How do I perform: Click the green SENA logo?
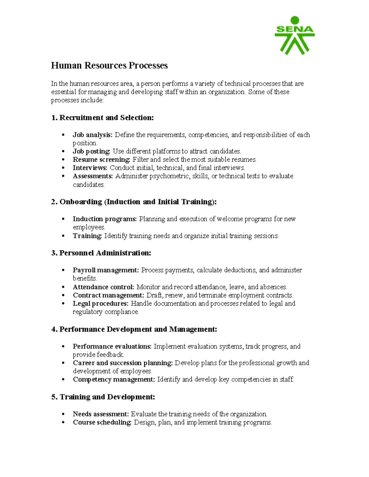coord(294,35)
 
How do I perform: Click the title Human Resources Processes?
coord(109,65)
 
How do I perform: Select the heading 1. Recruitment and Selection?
coord(102,118)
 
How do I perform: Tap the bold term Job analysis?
coord(93,135)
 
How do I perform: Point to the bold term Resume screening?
coord(101,159)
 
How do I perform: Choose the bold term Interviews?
coord(90,168)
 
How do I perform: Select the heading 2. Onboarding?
coord(134,202)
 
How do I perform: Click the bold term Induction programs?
coord(105,219)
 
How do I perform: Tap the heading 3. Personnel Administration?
coord(101,253)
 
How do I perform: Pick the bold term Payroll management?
coord(106,270)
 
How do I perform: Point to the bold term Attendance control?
coord(103,287)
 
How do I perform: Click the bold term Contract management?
coord(108,295)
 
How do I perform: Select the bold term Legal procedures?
coord(101,303)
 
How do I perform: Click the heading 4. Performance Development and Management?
coord(134,329)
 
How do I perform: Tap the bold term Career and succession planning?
coord(123,363)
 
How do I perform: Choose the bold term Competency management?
coord(114,379)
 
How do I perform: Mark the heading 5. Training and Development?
coord(103,397)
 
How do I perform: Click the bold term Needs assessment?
coord(101,414)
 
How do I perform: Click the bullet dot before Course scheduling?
coord(63,423)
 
